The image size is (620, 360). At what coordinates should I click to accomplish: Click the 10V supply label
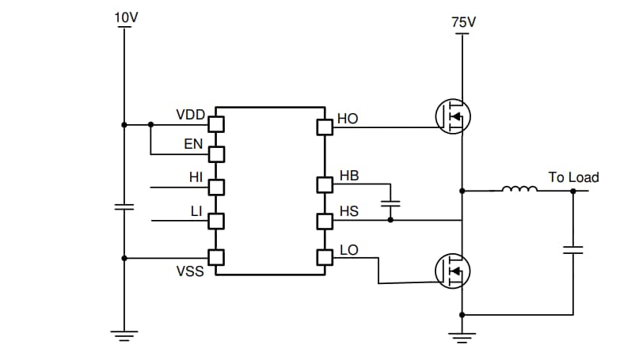(125, 18)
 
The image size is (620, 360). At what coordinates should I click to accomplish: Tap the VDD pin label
(190, 115)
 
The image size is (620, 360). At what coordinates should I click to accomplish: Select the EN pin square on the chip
(215, 153)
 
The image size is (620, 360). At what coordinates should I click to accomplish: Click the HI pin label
(196, 177)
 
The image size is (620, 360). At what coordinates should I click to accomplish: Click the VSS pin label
(190, 271)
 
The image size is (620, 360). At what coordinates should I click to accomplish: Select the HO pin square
(324, 127)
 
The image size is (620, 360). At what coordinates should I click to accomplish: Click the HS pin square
(324, 221)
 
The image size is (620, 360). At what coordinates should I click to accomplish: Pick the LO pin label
(348, 250)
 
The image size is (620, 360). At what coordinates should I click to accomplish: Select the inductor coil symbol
(520, 189)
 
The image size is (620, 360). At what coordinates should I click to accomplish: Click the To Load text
(573, 177)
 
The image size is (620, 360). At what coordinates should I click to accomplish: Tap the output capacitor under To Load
(572, 250)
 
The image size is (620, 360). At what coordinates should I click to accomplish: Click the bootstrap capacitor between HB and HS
(390, 203)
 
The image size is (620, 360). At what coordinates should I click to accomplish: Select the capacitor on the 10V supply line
(124, 207)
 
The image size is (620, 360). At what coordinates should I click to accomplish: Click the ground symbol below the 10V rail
(124, 335)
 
